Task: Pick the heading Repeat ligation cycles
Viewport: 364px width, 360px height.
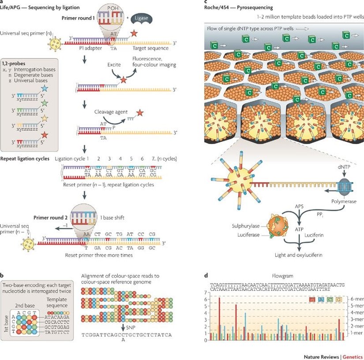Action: [26, 158]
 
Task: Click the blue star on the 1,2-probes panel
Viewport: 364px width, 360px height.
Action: [56, 90]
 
